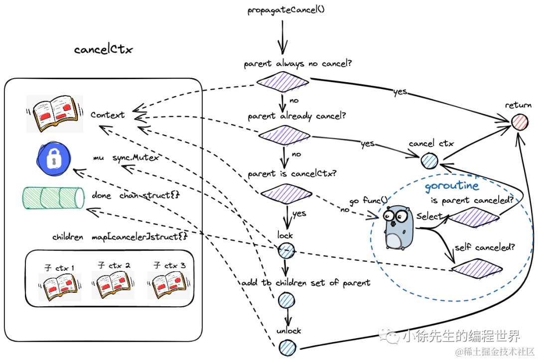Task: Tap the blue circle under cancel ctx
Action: [429, 161]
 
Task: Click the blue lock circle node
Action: [286, 250]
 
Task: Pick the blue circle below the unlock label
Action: [286, 347]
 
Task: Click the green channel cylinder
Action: [53, 198]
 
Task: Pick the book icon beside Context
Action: [54, 115]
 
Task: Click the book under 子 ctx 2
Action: [113, 285]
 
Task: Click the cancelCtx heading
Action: [103, 49]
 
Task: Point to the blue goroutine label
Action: [452, 187]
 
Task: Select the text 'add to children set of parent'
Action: [306, 283]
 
